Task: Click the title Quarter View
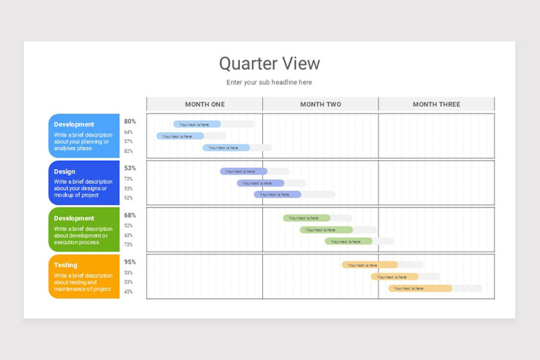(269, 63)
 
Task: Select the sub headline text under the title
(269, 82)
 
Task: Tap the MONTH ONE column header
(205, 104)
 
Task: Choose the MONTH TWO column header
(320, 104)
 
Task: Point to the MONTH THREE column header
(436, 104)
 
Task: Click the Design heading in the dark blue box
(65, 171)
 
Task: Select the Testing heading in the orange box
(66, 265)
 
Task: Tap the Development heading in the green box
(74, 218)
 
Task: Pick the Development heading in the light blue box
(74, 125)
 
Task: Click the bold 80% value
(130, 121)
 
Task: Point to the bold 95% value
(130, 262)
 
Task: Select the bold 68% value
(130, 215)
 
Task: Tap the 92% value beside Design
(129, 198)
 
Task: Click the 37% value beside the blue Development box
(129, 142)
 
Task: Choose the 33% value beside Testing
(129, 282)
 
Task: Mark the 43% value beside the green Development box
(129, 235)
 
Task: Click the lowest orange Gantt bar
(420, 288)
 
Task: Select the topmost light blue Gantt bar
(197, 125)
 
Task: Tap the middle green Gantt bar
(326, 230)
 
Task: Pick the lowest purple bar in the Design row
(277, 195)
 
